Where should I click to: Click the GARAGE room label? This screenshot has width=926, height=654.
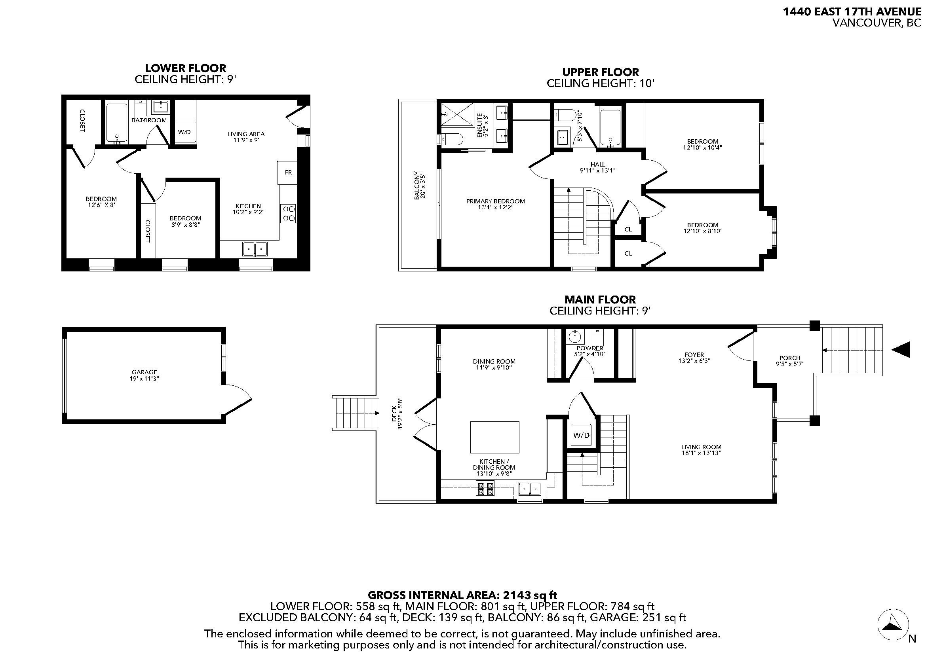point(145,372)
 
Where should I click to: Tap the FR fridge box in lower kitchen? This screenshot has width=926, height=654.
point(287,173)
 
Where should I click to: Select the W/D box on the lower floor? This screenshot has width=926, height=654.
point(184,132)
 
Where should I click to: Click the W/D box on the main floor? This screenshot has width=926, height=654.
point(581,435)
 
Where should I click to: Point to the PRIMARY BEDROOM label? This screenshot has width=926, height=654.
point(495,201)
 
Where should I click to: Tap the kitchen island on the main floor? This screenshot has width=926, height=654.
point(494,437)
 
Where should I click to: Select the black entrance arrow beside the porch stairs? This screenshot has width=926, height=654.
point(901,349)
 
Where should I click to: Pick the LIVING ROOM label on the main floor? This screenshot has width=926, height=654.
point(701,447)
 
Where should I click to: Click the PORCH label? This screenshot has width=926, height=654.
point(790,358)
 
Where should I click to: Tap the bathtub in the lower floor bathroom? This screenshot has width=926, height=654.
point(117,123)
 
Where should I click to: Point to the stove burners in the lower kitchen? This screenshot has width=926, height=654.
point(289,214)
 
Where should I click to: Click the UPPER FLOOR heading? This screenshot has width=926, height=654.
point(601,72)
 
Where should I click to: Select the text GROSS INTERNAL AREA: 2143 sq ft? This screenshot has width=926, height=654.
point(462,595)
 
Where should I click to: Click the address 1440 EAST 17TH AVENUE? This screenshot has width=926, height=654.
point(852,12)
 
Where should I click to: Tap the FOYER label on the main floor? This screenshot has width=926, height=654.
point(694,355)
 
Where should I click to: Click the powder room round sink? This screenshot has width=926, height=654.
point(574,335)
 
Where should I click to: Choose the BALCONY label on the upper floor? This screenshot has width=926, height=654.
point(416,186)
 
